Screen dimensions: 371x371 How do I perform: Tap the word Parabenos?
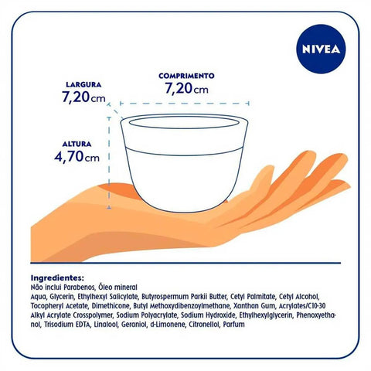pyautogui.click(x=83, y=287)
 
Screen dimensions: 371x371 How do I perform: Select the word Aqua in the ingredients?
pyautogui.click(x=39, y=297)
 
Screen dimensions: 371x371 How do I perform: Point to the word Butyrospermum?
pyautogui.click(x=165, y=297)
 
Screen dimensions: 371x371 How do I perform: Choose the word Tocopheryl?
pyautogui.click(x=48, y=306)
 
